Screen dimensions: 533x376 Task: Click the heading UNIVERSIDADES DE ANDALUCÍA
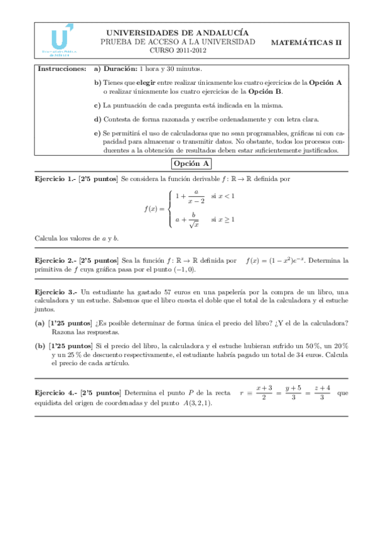pos(177,32)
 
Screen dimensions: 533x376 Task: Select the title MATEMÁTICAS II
pos(306,42)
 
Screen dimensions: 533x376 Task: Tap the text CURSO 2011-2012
pos(178,50)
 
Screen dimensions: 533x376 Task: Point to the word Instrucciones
pos(62,68)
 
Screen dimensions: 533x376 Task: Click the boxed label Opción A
pos(192,163)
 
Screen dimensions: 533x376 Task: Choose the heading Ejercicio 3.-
pos(55,292)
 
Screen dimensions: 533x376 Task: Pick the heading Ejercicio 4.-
pos(55,393)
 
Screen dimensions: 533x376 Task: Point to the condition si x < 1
pos(223,196)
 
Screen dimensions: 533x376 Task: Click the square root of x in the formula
pos(195,224)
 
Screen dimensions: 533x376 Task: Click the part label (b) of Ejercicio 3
pos(39,346)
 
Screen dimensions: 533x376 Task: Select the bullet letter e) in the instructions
pos(97,133)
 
